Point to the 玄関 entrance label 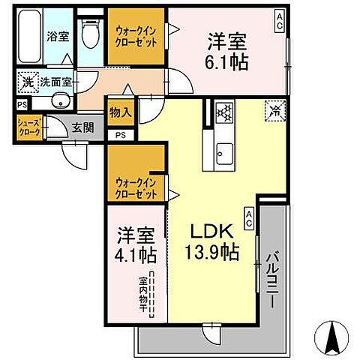click(x=83, y=127)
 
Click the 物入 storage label click(x=121, y=113)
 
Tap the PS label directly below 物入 click(x=120, y=135)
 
